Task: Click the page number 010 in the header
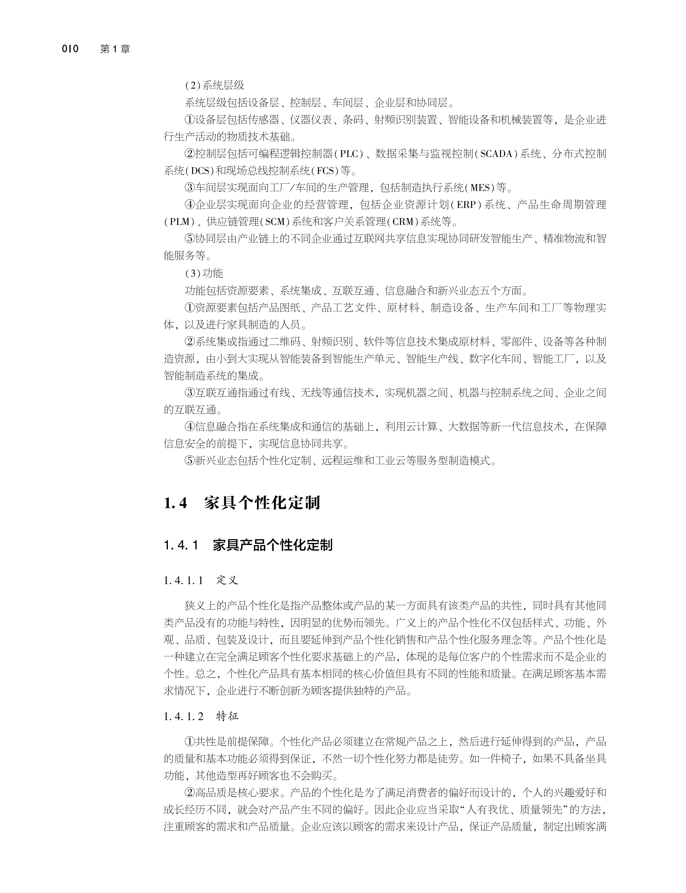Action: [70, 49]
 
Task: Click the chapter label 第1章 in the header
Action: [115, 49]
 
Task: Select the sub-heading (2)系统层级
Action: [214, 85]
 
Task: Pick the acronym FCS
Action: [325, 171]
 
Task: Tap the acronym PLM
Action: [180, 222]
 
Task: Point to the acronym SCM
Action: [275, 222]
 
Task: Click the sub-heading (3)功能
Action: [204, 273]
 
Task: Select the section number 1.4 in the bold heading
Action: [175, 503]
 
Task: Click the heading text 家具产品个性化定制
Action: [272, 545]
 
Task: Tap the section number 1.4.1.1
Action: [183, 581]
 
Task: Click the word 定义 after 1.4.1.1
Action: [228, 581]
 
